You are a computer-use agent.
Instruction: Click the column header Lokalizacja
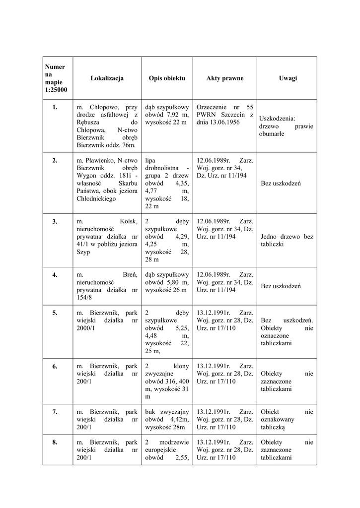pos(107,78)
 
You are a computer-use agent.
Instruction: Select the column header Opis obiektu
pos(167,78)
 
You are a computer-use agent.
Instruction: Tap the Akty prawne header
pos(225,78)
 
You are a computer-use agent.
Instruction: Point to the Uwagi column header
pos(288,78)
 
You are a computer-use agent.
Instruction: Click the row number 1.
pos(55,107)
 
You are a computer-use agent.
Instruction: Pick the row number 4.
pos(55,274)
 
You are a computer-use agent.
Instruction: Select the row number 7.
pos(55,412)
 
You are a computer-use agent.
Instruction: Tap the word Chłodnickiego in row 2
pos(96,198)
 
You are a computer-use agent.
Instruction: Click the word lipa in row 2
pos(150,160)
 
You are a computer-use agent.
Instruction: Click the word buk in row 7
pos(150,412)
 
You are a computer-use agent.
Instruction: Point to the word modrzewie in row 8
pos(174,443)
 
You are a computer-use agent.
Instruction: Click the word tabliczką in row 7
pos(272,427)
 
